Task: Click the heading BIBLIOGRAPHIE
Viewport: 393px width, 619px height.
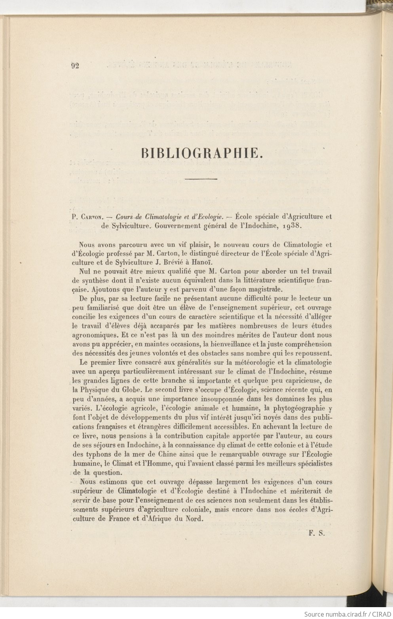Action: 202,153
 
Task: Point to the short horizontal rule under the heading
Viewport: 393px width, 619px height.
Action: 201,180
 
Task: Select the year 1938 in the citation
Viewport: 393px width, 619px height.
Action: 293,226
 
